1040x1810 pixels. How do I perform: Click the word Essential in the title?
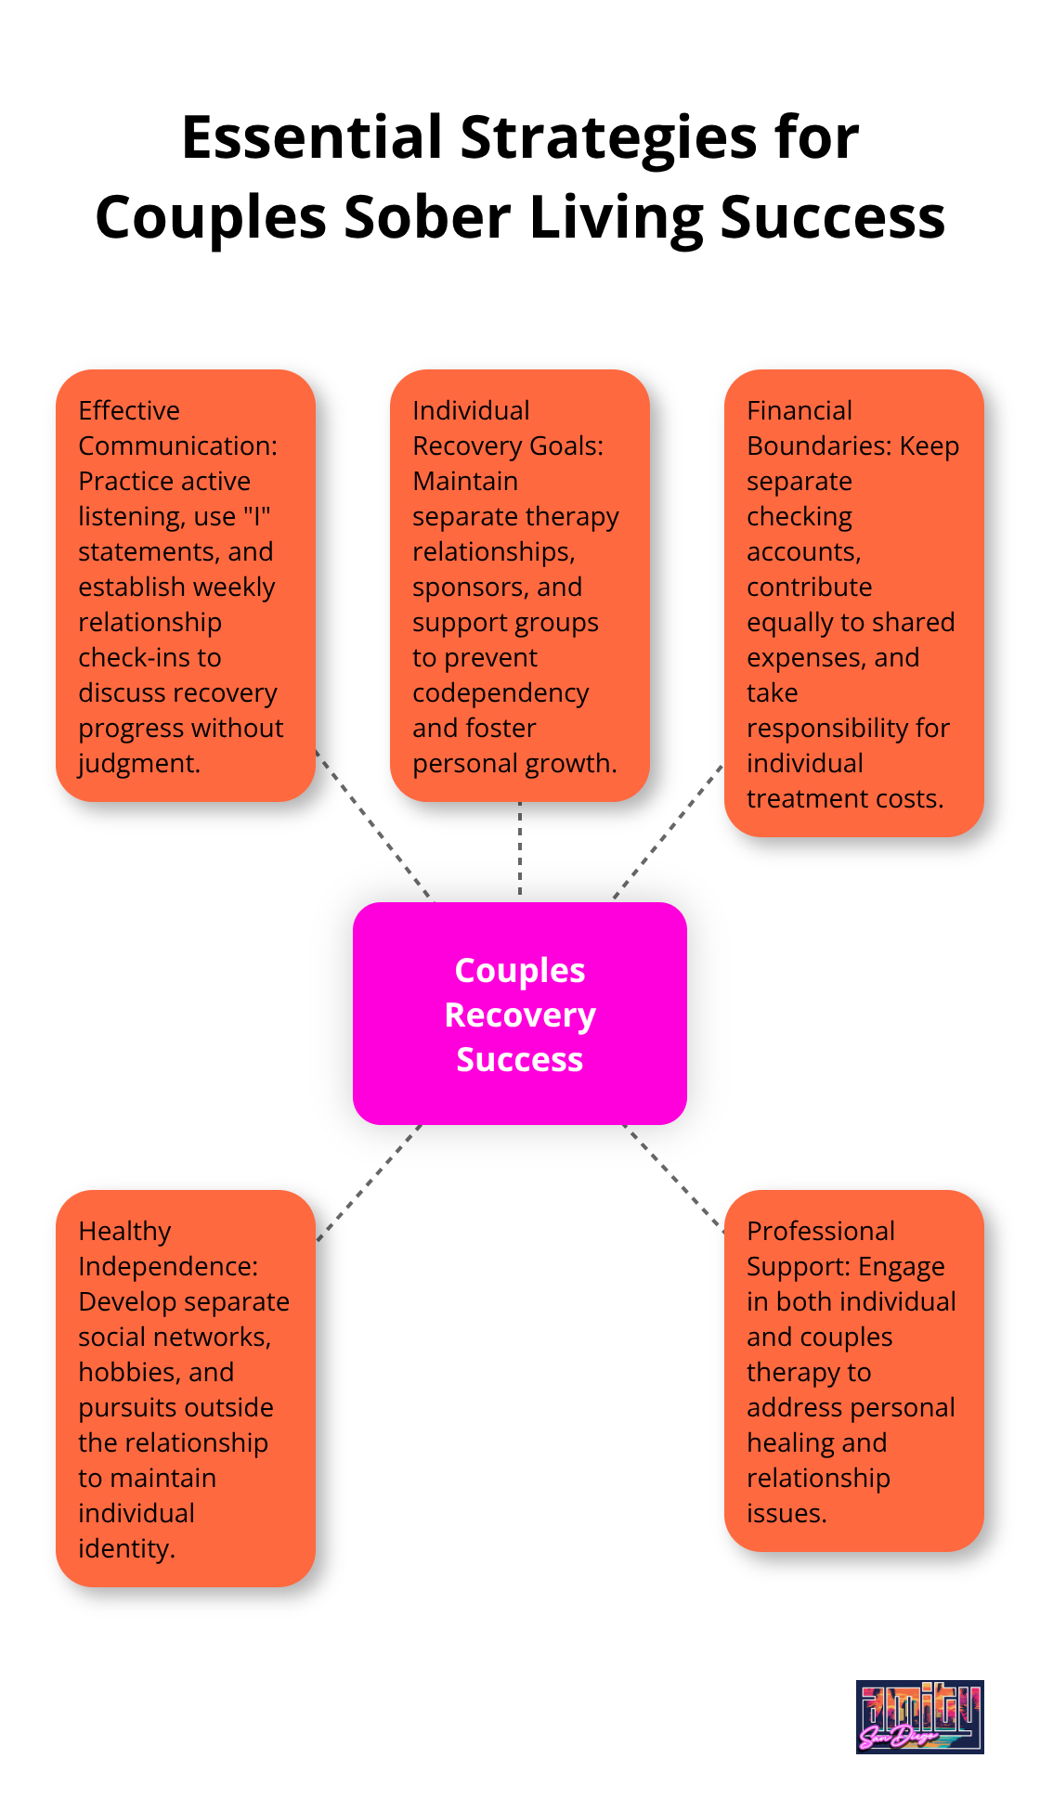[x=312, y=137]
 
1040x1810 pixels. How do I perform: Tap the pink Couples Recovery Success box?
[x=520, y=1014]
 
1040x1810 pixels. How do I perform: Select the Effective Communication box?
[x=186, y=586]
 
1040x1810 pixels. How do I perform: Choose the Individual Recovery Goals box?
[x=520, y=586]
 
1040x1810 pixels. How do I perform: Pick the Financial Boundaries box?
[x=854, y=603]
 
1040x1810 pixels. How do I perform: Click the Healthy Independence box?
[x=186, y=1389]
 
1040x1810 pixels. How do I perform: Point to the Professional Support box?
[x=854, y=1371]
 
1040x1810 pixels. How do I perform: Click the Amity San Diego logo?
[x=919, y=1716]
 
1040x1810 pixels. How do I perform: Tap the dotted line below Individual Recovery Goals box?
[x=520, y=849]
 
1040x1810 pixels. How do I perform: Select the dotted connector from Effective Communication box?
[x=373, y=824]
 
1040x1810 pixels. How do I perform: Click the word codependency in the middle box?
[x=500, y=693]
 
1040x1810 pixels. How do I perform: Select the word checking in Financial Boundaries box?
[x=799, y=517]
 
